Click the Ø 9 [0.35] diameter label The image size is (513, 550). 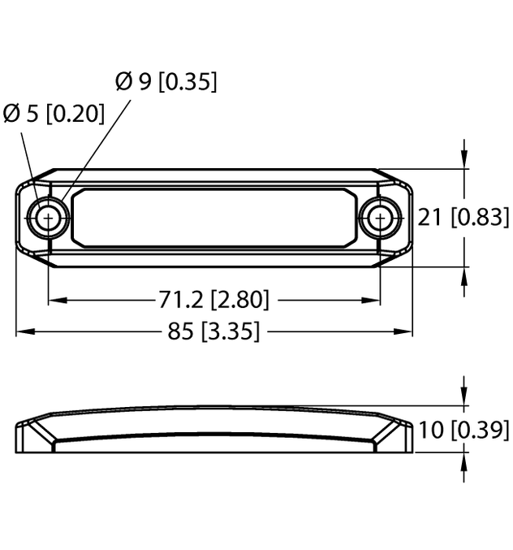tap(166, 82)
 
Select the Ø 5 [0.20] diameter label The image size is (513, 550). tap(54, 114)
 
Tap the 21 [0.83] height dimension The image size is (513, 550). tap(463, 217)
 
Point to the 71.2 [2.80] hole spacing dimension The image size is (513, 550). tap(213, 300)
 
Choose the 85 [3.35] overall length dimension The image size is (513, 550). tap(213, 331)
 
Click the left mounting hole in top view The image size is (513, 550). tap(49, 218)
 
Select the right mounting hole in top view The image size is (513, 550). tap(380, 218)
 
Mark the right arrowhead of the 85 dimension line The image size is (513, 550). tap(405, 331)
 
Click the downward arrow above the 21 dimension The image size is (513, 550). tap(463, 159)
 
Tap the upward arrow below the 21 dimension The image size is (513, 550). tap(463, 277)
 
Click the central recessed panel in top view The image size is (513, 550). tap(214, 218)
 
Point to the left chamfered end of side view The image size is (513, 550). tap(34, 435)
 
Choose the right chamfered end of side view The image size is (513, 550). tap(394, 435)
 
